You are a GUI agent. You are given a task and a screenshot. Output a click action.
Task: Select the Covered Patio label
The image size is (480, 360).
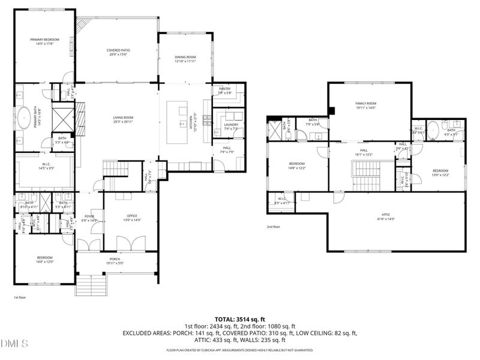click(x=118, y=50)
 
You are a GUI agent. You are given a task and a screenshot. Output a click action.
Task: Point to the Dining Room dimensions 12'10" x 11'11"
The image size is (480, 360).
click(x=185, y=61)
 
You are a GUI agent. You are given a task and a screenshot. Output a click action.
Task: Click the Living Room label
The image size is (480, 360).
click(x=124, y=118)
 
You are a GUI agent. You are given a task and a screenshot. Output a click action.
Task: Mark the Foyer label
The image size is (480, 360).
click(x=89, y=217)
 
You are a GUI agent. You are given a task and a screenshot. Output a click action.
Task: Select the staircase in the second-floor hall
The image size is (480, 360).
click(x=366, y=176)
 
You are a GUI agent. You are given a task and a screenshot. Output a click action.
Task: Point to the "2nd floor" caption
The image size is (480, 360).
click(x=273, y=227)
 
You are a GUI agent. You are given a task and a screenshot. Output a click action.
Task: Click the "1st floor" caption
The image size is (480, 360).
click(x=20, y=297)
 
